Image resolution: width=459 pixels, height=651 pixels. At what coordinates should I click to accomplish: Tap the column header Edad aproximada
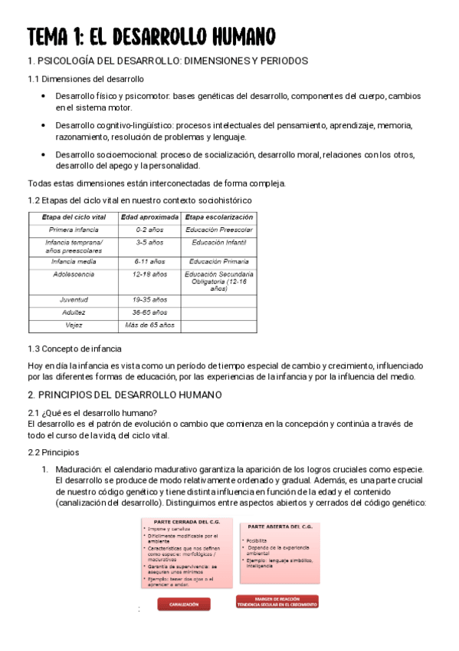click(x=150, y=217)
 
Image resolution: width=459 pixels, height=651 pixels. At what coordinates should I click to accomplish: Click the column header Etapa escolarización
click(x=219, y=217)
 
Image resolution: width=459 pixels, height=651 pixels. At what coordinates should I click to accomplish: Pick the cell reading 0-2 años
click(x=150, y=230)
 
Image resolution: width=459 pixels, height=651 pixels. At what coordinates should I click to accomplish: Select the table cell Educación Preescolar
click(x=219, y=230)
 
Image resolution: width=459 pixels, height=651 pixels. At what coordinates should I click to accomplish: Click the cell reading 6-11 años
click(x=150, y=262)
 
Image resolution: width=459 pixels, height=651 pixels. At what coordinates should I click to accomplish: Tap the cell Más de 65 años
click(x=150, y=325)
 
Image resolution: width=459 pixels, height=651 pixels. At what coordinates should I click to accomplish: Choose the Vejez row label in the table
click(x=73, y=325)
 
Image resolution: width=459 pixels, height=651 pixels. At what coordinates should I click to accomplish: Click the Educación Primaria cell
click(x=219, y=262)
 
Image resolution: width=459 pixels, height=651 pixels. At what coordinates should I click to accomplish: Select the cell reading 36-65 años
click(x=150, y=312)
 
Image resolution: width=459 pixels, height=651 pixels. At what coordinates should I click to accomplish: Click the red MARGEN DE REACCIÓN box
click(x=277, y=602)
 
